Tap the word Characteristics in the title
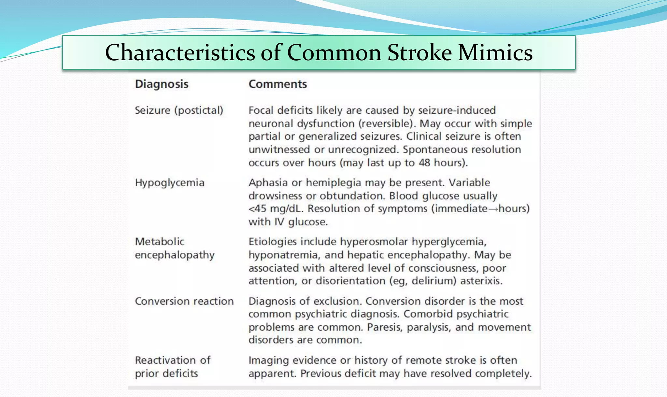(x=180, y=52)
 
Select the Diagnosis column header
(x=162, y=84)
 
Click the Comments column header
(x=277, y=84)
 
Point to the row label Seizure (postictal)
(x=179, y=110)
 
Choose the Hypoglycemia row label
(x=169, y=183)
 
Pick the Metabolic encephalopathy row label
(x=175, y=248)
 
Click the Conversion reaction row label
(x=184, y=301)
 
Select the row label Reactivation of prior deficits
(x=173, y=367)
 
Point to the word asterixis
(x=481, y=281)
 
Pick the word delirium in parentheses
(x=433, y=281)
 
